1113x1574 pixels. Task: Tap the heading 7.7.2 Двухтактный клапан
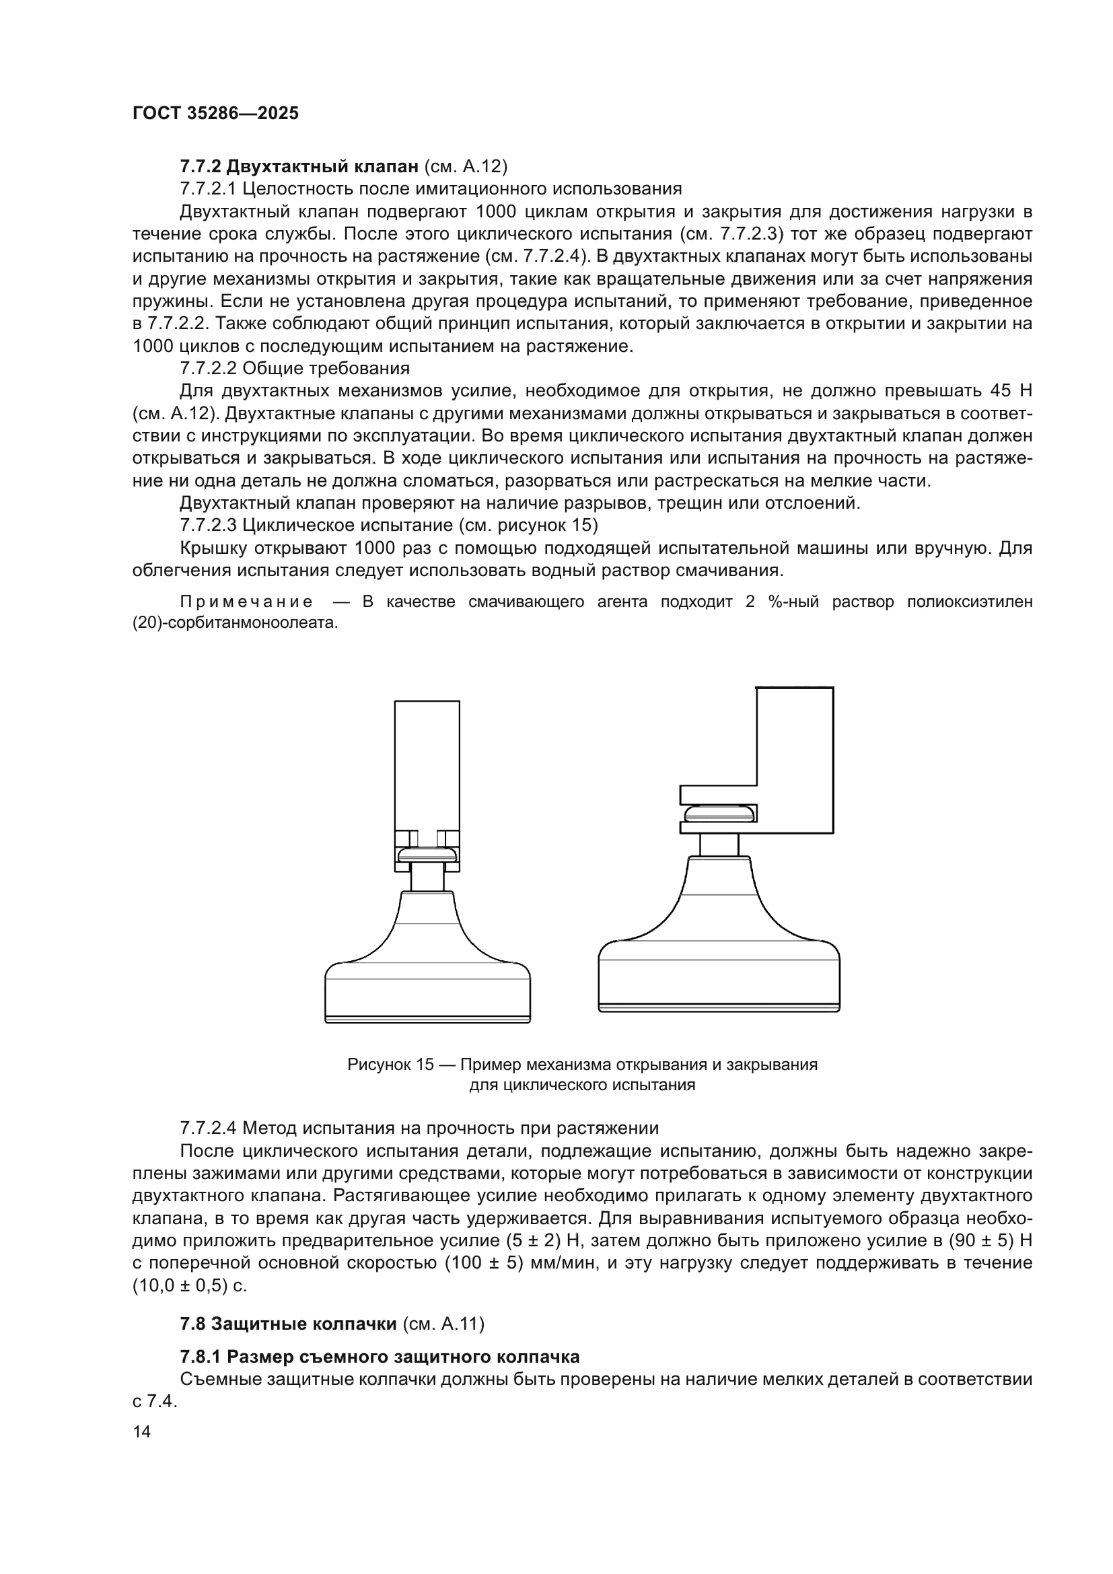[x=299, y=167]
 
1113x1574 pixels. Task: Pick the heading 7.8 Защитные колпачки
[x=289, y=1343]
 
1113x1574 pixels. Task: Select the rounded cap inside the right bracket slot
[x=719, y=814]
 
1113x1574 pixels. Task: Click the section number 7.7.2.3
[x=209, y=526]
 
